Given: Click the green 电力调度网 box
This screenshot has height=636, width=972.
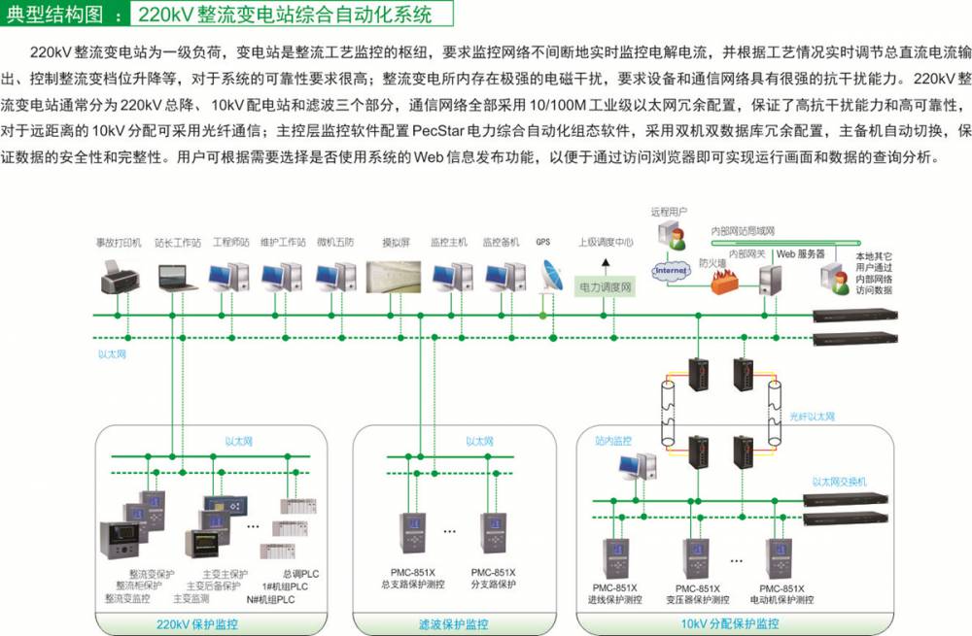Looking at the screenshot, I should [x=606, y=287].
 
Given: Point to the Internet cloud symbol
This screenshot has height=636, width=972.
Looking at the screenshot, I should [x=670, y=270].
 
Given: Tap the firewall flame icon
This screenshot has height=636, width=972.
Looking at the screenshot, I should [x=721, y=283].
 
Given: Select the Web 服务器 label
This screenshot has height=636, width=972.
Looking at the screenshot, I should [x=800, y=253].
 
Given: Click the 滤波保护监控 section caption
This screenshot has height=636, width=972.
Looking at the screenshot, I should [x=453, y=623].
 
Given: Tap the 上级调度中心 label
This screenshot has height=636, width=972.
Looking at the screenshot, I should [x=606, y=243].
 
